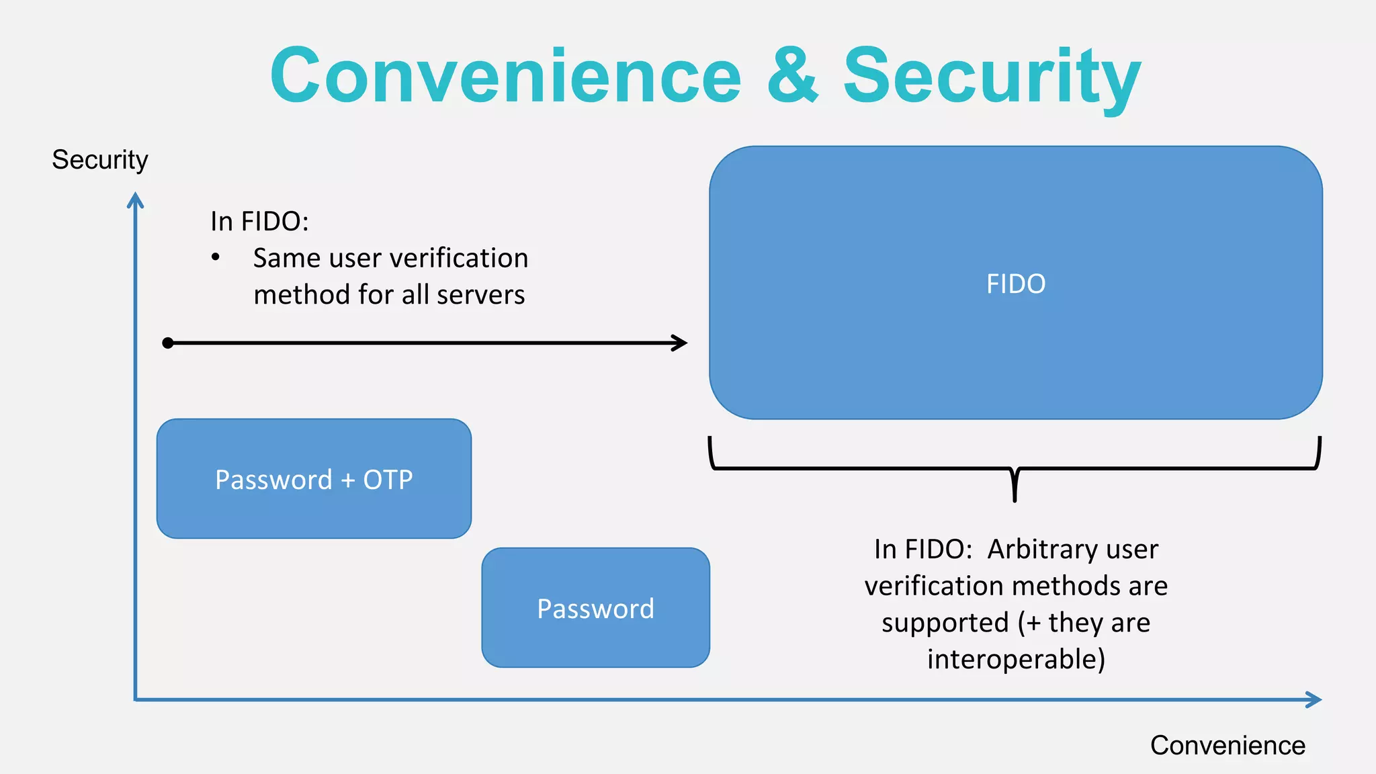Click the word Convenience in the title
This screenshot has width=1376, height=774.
click(x=505, y=76)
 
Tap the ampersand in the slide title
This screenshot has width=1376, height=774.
click(x=792, y=76)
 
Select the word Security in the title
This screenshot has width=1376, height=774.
click(x=992, y=76)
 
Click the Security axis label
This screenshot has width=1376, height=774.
click(x=99, y=160)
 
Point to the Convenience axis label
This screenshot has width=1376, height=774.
click(x=1228, y=745)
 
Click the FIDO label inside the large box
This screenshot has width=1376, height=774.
click(x=1016, y=284)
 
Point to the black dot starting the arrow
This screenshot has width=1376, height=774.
click(x=168, y=343)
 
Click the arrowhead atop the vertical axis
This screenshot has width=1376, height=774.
click(x=136, y=199)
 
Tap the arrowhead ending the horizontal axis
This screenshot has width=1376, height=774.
click(x=1315, y=699)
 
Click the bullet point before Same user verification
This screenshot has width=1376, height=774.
click(x=216, y=257)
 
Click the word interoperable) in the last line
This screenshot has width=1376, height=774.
click(x=1016, y=659)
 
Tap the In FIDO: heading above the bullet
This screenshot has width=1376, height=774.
click(x=259, y=221)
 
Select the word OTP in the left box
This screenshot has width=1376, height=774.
click(x=388, y=480)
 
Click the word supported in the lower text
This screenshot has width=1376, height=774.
click(x=945, y=623)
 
